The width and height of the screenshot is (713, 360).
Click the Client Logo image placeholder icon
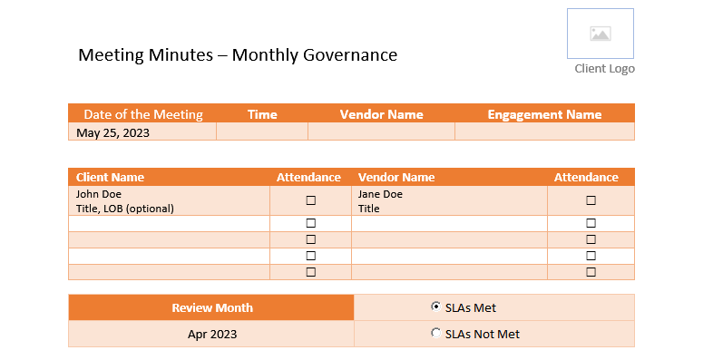tap(601, 34)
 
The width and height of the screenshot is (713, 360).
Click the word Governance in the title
tap(350, 55)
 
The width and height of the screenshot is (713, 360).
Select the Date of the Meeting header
tap(143, 114)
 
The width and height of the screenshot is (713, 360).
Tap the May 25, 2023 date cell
tap(112, 132)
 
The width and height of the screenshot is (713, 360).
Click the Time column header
tap(262, 114)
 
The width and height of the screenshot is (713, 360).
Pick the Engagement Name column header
tap(545, 114)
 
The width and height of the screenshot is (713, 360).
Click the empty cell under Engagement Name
tap(545, 131)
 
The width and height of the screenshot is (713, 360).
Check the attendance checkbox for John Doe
tap(311, 200)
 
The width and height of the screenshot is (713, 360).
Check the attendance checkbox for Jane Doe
tap(591, 200)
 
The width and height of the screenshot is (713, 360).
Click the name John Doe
tap(99, 194)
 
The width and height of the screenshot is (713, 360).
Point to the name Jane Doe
tap(380, 194)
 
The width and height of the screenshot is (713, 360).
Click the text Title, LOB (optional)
tap(125, 209)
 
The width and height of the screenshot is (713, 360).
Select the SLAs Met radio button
tap(435, 306)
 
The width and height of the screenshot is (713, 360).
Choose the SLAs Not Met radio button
tap(435, 333)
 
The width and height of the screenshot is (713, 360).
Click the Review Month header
tap(212, 307)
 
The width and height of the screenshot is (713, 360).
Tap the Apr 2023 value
tap(212, 334)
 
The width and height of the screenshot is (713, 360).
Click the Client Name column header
tap(110, 177)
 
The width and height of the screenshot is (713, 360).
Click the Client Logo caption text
tap(605, 69)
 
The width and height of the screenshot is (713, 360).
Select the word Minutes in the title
tap(181, 55)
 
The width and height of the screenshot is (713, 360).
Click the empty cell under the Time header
tap(262, 131)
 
